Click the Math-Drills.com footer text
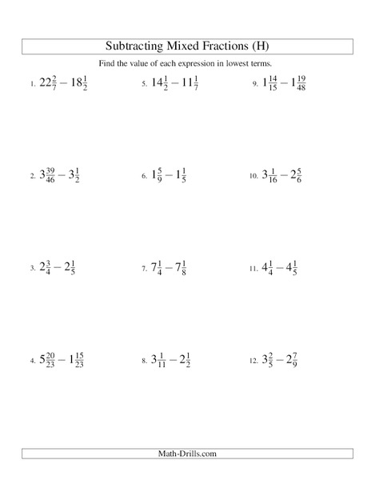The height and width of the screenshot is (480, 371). pyautogui.click(x=185, y=454)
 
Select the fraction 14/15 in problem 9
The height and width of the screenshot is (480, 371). pyautogui.click(x=273, y=82)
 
